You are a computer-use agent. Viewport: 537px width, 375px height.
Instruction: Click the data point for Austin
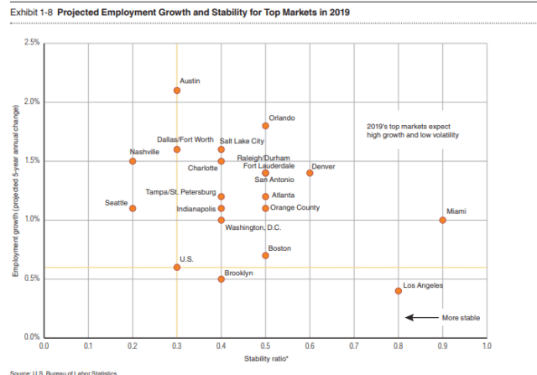tap(177, 91)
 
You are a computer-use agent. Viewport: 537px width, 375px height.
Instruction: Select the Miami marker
tap(442, 220)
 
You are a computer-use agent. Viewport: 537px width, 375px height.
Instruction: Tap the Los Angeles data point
tap(398, 291)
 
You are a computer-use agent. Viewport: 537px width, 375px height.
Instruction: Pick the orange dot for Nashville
tap(133, 161)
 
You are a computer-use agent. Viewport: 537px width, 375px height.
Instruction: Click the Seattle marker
tap(133, 208)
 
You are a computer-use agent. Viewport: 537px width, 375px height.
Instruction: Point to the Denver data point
tap(310, 173)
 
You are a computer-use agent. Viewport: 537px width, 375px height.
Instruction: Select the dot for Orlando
tap(265, 126)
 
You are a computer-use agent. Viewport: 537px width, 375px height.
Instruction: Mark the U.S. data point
tap(177, 267)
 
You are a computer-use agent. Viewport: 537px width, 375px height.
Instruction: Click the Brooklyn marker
tap(221, 279)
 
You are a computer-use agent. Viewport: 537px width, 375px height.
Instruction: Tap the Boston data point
tap(265, 255)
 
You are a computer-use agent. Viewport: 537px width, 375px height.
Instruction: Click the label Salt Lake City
tap(242, 141)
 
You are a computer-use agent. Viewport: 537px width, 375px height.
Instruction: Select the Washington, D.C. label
tap(253, 227)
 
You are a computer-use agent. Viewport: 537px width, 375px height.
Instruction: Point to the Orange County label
tap(295, 207)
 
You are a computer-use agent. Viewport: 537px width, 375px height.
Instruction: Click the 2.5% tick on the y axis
tap(32, 43)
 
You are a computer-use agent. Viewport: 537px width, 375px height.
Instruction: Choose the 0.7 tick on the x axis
tap(353, 345)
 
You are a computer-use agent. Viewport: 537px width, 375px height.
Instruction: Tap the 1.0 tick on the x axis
tap(486, 345)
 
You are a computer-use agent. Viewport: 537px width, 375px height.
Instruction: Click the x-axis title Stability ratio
tap(265, 358)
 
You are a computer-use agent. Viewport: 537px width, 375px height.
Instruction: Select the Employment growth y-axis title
tap(16, 190)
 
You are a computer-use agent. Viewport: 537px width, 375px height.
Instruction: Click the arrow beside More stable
tap(422, 317)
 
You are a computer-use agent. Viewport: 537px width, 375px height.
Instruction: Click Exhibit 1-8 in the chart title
tap(29, 13)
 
